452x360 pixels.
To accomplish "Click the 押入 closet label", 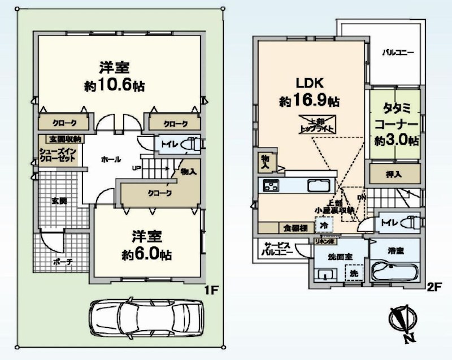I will [395, 174].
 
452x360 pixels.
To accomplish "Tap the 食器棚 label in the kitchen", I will [294, 228].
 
